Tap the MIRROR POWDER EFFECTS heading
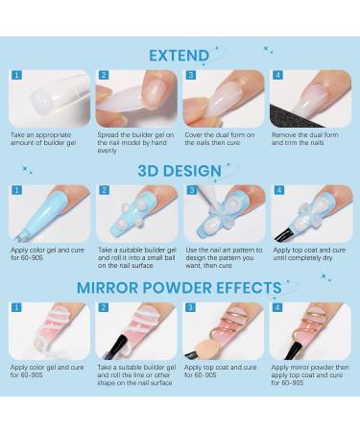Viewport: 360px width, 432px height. [180, 287]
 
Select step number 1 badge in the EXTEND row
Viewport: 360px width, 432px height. [16, 74]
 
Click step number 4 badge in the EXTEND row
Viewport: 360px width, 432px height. [276, 74]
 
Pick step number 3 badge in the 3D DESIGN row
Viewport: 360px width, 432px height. [190, 190]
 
